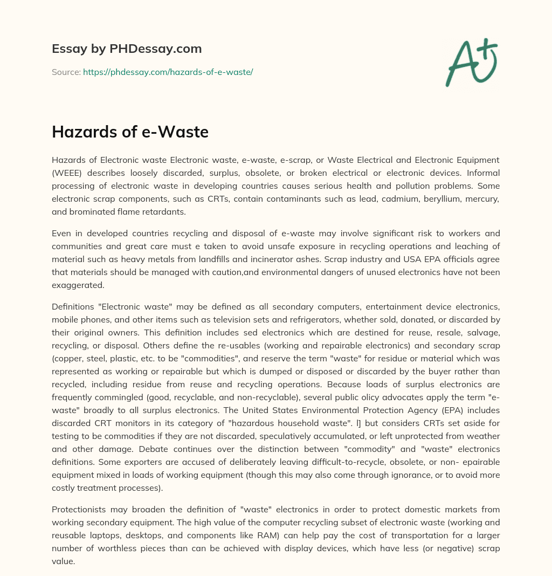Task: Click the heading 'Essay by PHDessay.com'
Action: [x=127, y=49]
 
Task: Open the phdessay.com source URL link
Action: [x=168, y=72]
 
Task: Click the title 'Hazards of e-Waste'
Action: [x=130, y=132]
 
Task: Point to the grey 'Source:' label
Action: [x=66, y=72]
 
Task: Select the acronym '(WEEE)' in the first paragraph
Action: [x=67, y=173]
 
